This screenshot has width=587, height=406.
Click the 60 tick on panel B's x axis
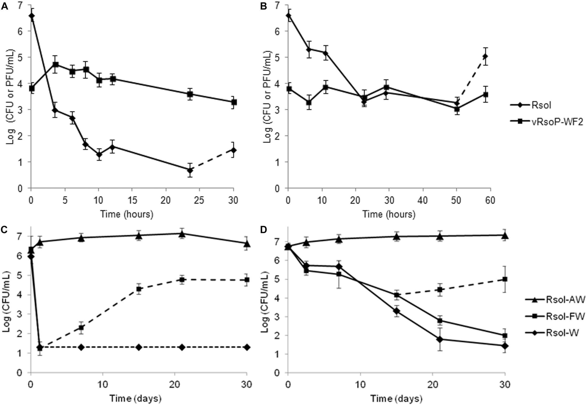tap(490, 201)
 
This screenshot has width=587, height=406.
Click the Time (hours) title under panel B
tap(389, 214)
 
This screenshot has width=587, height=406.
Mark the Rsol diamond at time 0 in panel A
tap(32, 16)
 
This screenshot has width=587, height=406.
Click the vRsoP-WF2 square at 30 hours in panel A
tap(234, 102)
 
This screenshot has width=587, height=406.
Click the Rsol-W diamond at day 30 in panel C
tap(247, 347)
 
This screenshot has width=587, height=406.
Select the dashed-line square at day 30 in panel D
tap(505, 279)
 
